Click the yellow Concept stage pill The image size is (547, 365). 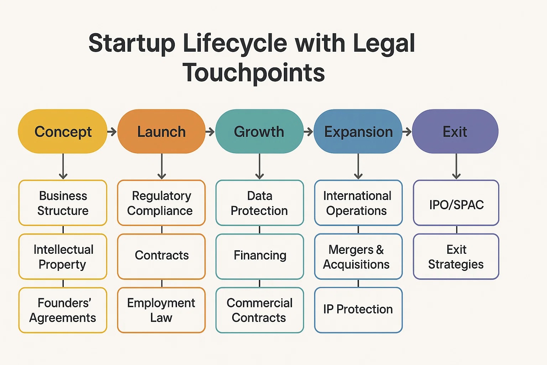click(x=63, y=132)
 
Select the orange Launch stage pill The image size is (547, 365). click(x=161, y=132)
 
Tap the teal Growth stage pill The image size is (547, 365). click(x=259, y=132)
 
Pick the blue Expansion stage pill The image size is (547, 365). click(x=358, y=132)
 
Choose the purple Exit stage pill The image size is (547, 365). click(x=455, y=132)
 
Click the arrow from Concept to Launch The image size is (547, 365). click(x=112, y=132)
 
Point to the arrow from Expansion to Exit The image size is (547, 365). click(x=407, y=132)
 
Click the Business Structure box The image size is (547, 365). click(x=63, y=203)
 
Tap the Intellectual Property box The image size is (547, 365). click(x=63, y=257)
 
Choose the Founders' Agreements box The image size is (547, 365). click(x=63, y=310)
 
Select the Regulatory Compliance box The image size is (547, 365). click(x=161, y=203)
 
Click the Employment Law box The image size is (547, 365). click(x=161, y=310)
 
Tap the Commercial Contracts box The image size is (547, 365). click(x=260, y=310)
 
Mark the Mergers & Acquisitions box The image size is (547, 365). click(x=358, y=257)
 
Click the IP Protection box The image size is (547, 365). click(x=358, y=310)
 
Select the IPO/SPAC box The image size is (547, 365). click(x=456, y=203)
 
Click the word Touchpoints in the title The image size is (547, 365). click(x=254, y=73)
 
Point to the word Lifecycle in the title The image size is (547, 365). click(x=235, y=43)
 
